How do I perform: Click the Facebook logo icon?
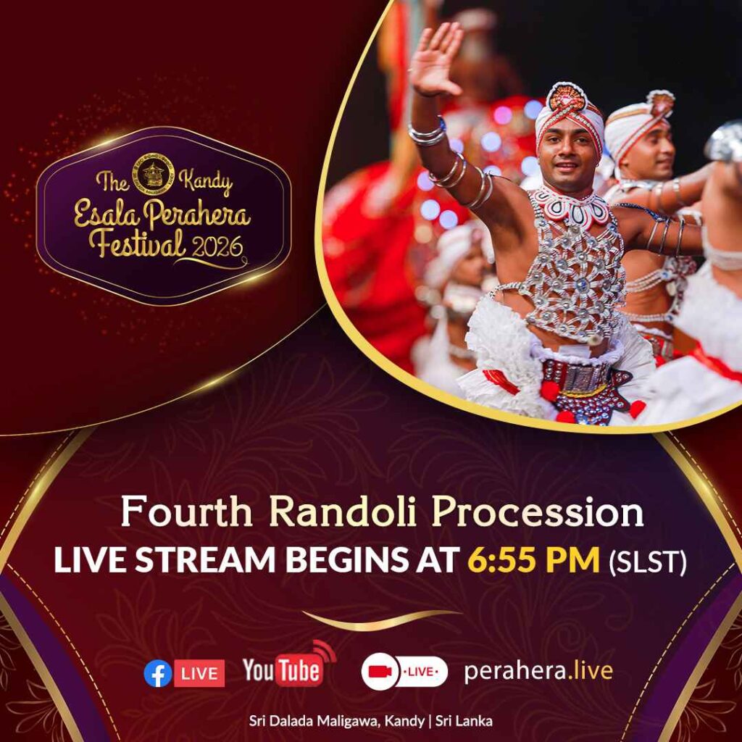[157, 673]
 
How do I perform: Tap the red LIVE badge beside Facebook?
[199, 673]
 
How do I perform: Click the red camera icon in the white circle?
[380, 671]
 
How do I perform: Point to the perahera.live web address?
[538, 672]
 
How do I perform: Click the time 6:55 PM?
[534, 560]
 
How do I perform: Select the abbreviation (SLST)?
[647, 562]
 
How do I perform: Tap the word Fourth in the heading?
[186, 512]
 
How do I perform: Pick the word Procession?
[538, 512]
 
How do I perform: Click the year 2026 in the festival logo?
[217, 246]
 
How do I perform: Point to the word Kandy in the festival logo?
[207, 182]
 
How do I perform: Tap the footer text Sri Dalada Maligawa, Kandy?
[337, 721]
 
